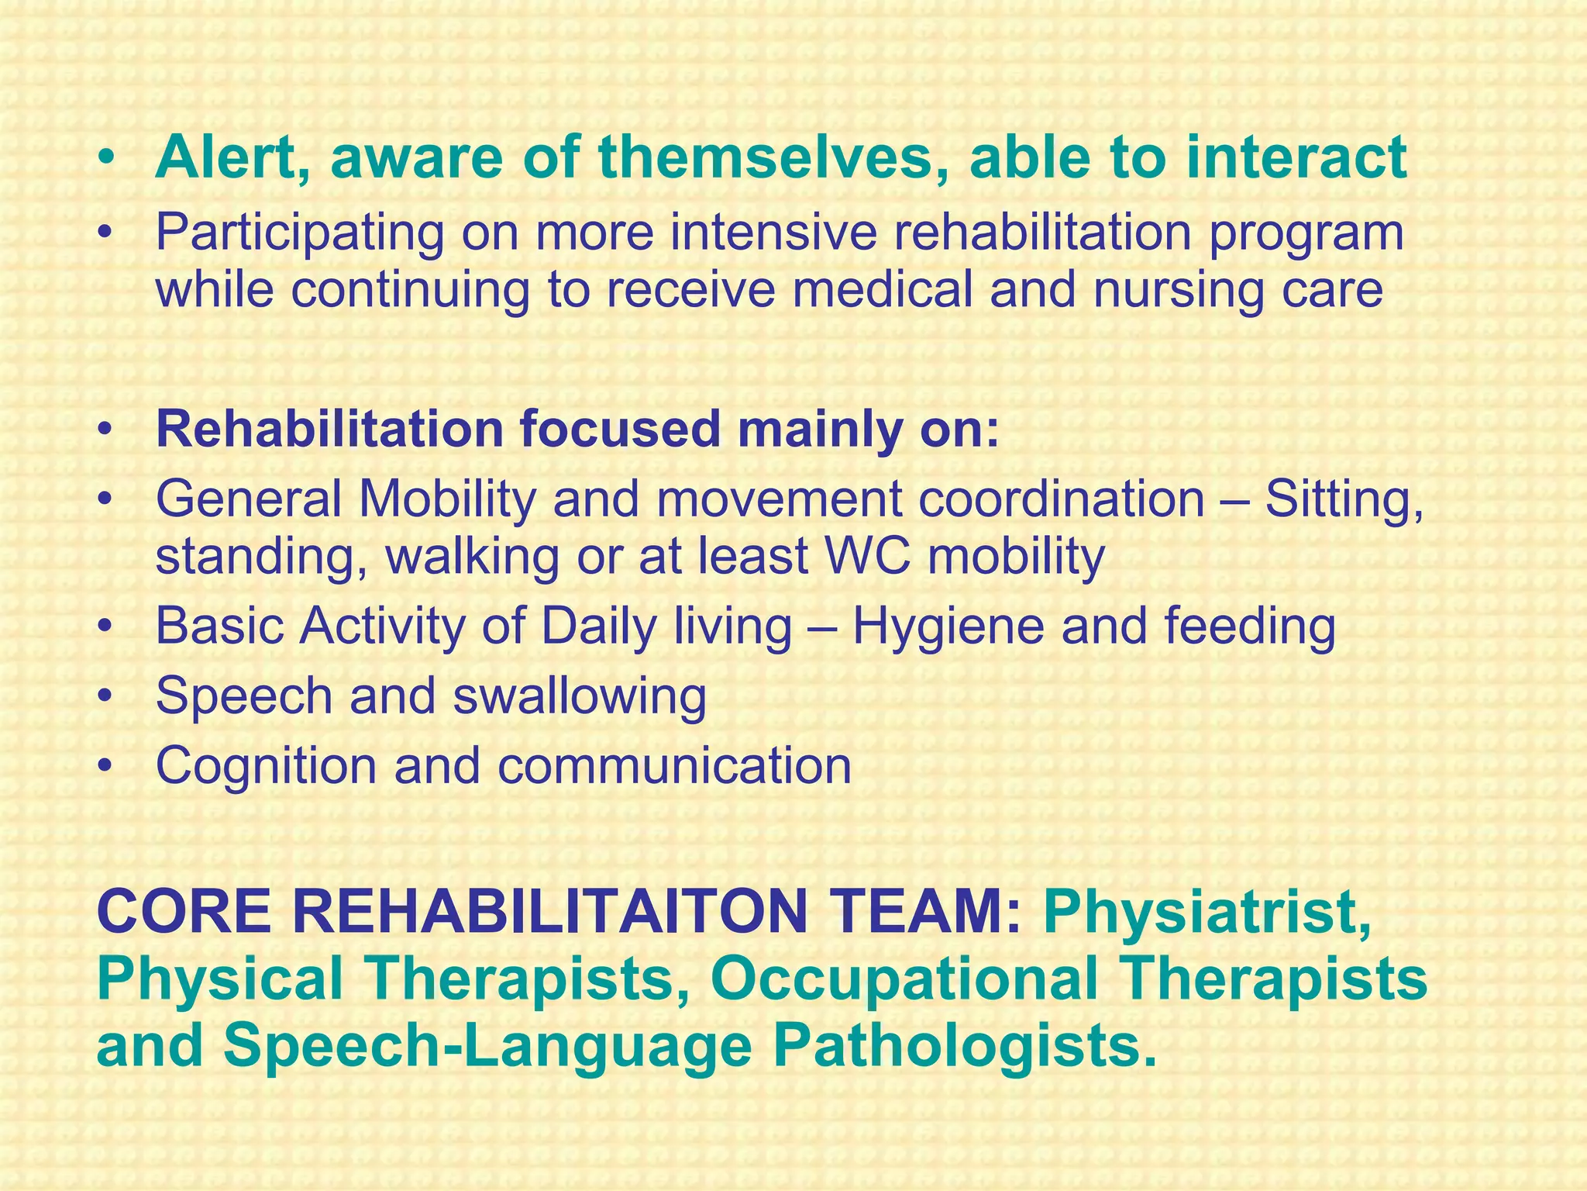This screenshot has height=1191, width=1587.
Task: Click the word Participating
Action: pyautogui.click(x=300, y=233)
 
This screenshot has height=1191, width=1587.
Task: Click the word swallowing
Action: pyautogui.click(x=580, y=696)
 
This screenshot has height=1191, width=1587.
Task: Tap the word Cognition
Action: pyautogui.click(x=267, y=765)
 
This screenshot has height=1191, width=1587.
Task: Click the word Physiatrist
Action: pyautogui.click(x=1207, y=913)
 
